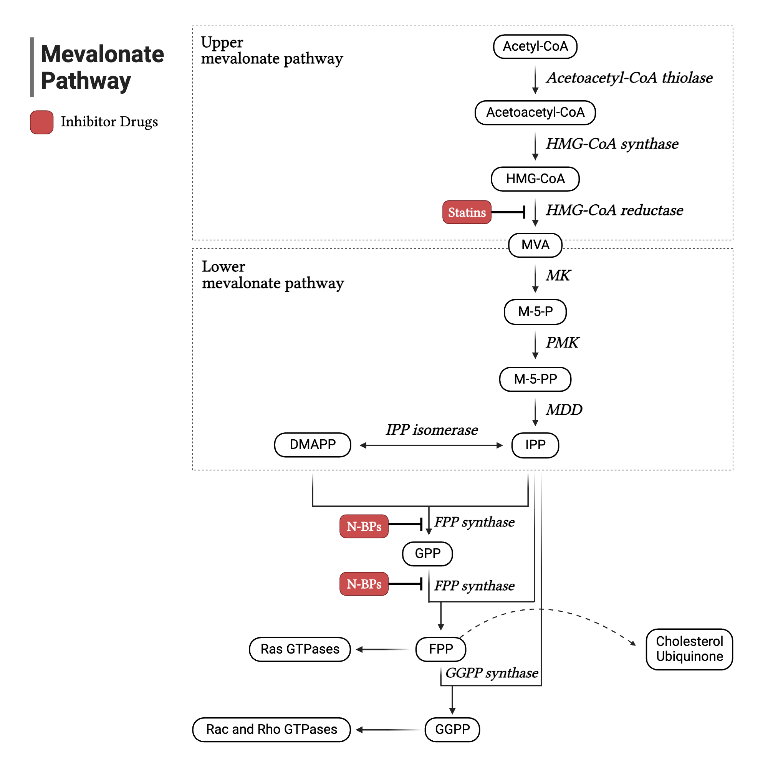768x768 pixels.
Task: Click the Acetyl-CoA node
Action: [x=535, y=46]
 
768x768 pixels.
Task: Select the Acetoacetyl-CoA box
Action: [x=535, y=113]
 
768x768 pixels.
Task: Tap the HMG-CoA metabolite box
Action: [x=535, y=179]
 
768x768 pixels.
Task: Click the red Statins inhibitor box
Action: [x=467, y=212]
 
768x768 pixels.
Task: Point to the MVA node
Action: [x=535, y=245]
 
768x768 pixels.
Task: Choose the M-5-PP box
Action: [x=535, y=379]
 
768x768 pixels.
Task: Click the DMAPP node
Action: [x=313, y=444]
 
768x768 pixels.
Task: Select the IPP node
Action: [x=535, y=445]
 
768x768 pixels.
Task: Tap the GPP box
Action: [x=427, y=553]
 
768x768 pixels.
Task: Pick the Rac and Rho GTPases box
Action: [x=271, y=730]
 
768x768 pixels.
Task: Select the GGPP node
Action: [x=452, y=730]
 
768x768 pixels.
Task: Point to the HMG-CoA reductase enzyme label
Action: [x=614, y=210]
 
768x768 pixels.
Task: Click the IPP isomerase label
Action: [x=432, y=430]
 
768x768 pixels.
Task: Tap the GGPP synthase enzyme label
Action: [x=492, y=673]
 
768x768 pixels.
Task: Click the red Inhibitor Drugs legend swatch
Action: [x=42, y=122]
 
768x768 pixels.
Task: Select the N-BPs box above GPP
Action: [x=364, y=526]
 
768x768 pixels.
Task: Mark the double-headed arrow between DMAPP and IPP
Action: [x=431, y=445]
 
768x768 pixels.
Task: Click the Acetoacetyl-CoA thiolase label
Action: [x=629, y=78]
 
